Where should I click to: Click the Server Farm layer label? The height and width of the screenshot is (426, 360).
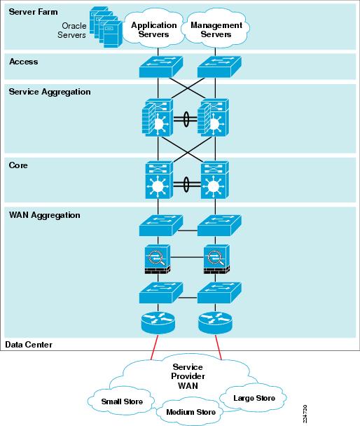(x=33, y=12)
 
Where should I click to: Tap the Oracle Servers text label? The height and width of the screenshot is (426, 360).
(x=72, y=30)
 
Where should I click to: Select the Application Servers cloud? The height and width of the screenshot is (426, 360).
(x=153, y=29)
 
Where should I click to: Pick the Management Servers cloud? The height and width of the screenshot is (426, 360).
(x=216, y=29)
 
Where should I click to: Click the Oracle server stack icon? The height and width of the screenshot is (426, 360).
(x=106, y=27)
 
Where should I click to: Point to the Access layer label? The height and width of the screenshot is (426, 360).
(x=24, y=62)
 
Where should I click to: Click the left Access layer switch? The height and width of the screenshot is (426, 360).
(x=160, y=67)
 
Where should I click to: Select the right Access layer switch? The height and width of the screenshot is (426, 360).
(x=219, y=67)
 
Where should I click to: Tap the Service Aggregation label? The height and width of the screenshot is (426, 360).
(x=50, y=92)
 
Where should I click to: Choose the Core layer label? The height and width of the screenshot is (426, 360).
(x=18, y=165)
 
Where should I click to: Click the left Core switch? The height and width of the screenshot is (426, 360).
(x=159, y=179)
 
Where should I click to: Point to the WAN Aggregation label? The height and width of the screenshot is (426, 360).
(x=45, y=215)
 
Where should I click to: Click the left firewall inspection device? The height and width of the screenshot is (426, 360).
(x=158, y=259)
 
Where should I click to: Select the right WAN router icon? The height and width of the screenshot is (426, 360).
(x=215, y=323)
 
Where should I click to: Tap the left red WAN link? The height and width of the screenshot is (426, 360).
(x=155, y=348)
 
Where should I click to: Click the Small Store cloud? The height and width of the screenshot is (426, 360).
(x=122, y=401)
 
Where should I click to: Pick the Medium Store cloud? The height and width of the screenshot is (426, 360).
(x=191, y=412)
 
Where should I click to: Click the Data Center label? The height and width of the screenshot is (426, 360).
(x=29, y=345)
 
